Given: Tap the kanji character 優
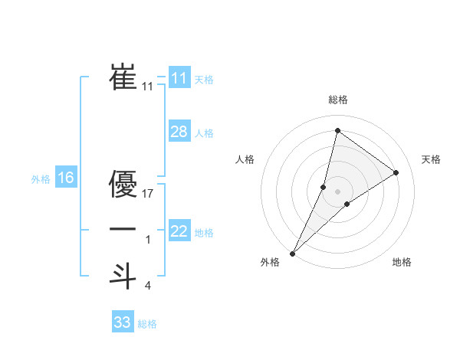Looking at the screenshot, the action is click(123, 184).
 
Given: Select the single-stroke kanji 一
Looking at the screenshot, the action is click(123, 229).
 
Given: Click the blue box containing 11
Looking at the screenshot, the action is click(179, 77).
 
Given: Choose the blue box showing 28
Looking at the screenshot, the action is click(179, 132).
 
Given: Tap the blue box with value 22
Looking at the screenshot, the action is click(179, 231).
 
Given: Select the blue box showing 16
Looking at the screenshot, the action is click(66, 178).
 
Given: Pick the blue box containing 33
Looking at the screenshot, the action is click(123, 322).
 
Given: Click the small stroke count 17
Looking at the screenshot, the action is click(149, 194).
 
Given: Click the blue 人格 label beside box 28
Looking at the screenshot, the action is click(204, 133).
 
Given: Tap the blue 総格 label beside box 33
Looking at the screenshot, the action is click(147, 324).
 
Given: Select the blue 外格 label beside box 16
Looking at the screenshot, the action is click(41, 180).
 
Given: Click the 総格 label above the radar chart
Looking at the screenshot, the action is click(337, 100).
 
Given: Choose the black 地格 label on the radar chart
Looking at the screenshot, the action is click(402, 263).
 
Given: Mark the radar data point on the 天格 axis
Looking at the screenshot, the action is click(396, 173).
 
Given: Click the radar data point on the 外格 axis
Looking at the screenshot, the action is click(292, 253).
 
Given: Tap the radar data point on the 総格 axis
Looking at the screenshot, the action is click(337, 130).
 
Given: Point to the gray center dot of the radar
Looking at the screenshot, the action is click(337, 191).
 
